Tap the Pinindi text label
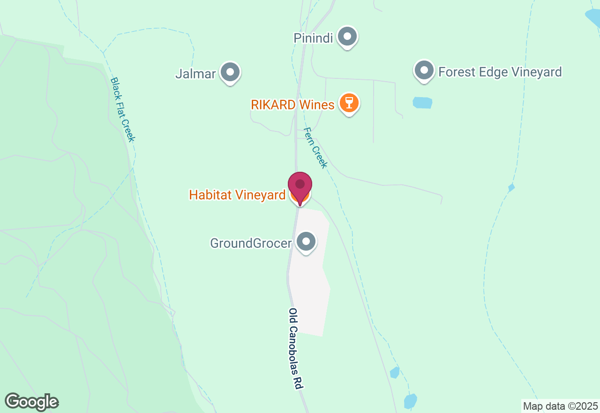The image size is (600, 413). pos(313,38)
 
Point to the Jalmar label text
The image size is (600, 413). pos(195,74)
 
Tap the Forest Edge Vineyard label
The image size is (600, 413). pos(500,72)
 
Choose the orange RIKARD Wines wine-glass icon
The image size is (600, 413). pos(348,103)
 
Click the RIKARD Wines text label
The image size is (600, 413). pos(292,105)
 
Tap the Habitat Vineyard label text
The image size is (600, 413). pos(237,195)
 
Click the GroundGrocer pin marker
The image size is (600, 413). pos(307,242)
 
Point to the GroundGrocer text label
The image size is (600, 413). pos(251,243)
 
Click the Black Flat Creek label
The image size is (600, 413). pos(122,109)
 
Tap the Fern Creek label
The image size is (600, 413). pos(315,147)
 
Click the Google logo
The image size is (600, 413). pos(32,402)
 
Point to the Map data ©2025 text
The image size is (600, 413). pos(560,406)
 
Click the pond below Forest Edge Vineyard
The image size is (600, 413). pos(422,103)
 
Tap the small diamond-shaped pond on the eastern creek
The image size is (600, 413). pos(511,188)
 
